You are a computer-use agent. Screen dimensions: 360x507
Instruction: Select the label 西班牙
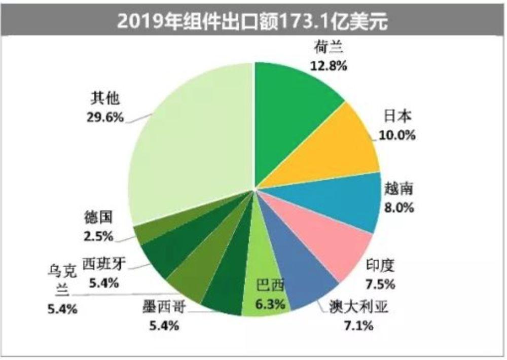104,264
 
